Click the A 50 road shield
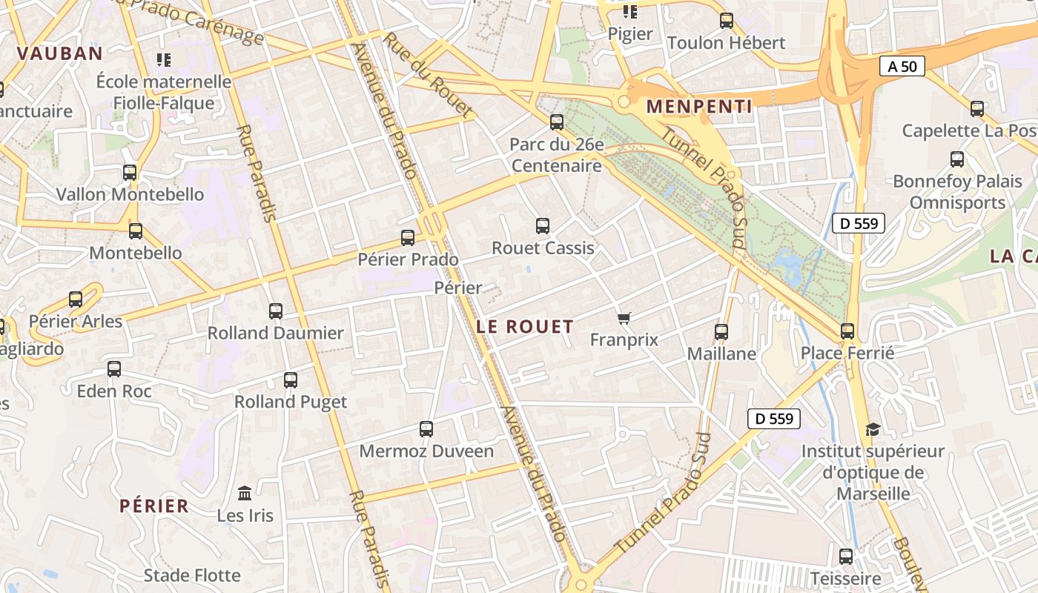point(902,66)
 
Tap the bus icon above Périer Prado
point(407,238)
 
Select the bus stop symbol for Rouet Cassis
point(543,226)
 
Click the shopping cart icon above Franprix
point(624,318)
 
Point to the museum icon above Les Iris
point(245,493)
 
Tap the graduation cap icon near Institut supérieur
point(873,429)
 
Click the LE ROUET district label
point(525,326)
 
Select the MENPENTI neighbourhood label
point(699,106)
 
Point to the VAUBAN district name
point(59,53)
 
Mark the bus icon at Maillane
point(721,332)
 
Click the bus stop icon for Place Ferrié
point(847,331)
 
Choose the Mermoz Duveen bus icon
point(426,429)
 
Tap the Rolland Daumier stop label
point(276,333)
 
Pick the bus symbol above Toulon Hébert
point(727,21)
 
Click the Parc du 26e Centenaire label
point(557,155)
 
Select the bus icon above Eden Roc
point(114,369)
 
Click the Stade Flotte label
point(192,575)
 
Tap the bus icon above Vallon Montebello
point(130,173)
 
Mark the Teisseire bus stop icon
point(846,556)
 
